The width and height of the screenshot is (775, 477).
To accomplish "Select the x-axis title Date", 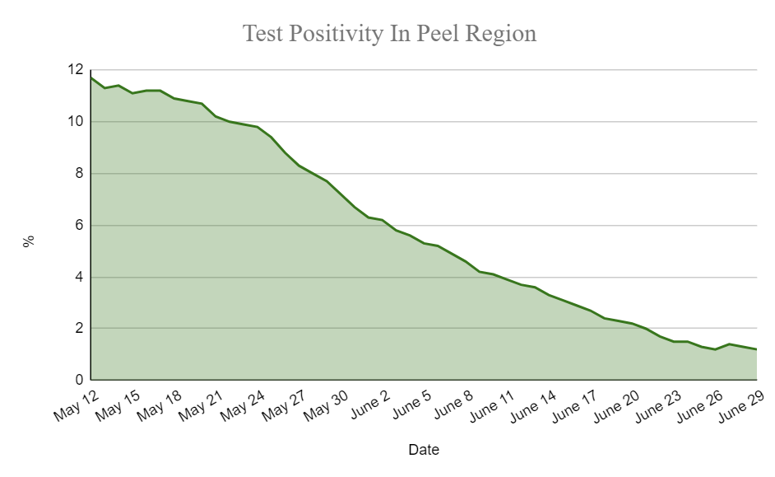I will point(424,450).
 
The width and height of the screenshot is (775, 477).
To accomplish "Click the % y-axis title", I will point(29,241).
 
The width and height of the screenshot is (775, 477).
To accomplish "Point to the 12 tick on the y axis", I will point(75,70).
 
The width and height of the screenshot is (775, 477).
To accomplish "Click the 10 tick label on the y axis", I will point(75,122).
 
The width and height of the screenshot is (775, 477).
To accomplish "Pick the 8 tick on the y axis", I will point(79,174).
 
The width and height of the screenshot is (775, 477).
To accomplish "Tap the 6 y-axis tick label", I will point(79,226).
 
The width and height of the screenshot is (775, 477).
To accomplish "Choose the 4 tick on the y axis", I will point(79,278).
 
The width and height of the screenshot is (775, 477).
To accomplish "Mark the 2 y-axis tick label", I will point(79,329).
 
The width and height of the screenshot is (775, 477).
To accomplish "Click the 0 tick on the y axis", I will point(79,381).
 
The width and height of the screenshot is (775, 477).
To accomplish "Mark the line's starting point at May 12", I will point(90,77).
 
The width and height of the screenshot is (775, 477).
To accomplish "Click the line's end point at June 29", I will point(756,349).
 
